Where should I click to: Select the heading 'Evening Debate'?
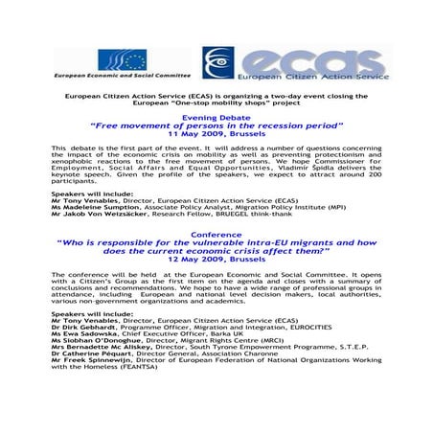coord(216,117)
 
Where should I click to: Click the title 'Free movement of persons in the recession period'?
coord(216,125)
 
